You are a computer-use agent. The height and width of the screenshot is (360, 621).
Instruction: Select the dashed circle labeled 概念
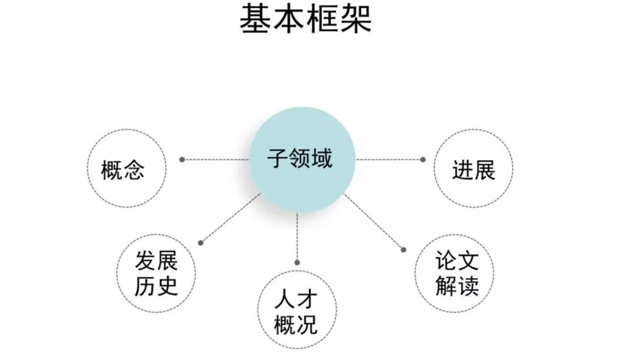click(x=127, y=170)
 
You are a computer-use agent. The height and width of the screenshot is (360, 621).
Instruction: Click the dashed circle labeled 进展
click(x=474, y=170)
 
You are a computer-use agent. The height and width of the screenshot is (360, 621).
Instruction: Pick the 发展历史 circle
click(x=156, y=274)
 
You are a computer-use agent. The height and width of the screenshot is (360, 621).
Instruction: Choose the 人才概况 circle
click(x=296, y=312)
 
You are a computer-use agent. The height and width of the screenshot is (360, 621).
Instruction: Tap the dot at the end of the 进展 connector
click(x=423, y=159)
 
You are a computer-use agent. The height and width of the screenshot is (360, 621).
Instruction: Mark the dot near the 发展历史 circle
click(x=201, y=243)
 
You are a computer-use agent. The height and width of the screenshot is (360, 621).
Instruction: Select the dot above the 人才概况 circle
click(x=296, y=263)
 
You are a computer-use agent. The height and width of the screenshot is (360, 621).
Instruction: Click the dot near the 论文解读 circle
click(x=403, y=250)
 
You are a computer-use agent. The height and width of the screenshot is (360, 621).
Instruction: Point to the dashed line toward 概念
click(x=216, y=159)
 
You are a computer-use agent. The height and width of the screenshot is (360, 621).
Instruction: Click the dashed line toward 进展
click(x=390, y=159)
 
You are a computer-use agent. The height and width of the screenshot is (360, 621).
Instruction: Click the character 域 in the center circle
click(x=322, y=158)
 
